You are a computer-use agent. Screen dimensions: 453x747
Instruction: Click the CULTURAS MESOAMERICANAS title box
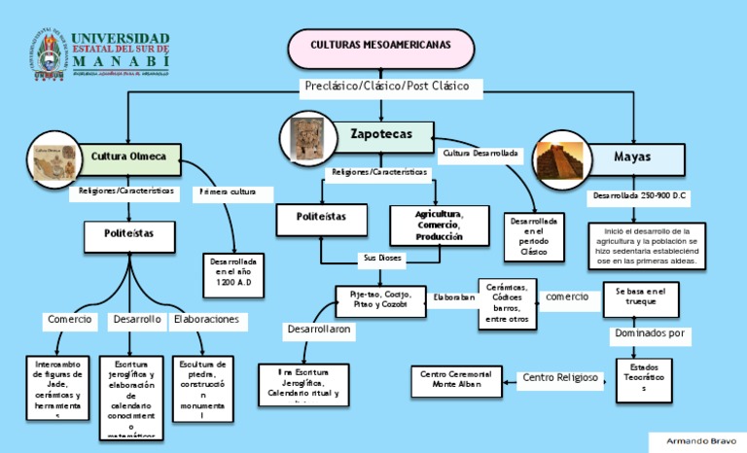point(380,46)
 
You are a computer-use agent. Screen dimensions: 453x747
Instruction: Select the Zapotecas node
point(376,133)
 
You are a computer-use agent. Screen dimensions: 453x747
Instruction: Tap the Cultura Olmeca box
point(128,157)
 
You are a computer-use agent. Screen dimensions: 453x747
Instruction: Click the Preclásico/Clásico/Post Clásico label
point(386,87)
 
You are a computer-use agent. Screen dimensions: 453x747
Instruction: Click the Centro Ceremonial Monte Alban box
point(455,379)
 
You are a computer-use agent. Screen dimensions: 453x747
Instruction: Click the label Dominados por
point(652,334)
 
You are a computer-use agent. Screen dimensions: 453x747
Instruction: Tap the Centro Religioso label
point(560,377)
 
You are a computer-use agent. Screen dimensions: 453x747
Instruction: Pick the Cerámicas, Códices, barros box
point(506,302)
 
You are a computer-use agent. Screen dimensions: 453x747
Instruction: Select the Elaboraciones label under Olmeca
point(206,319)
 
